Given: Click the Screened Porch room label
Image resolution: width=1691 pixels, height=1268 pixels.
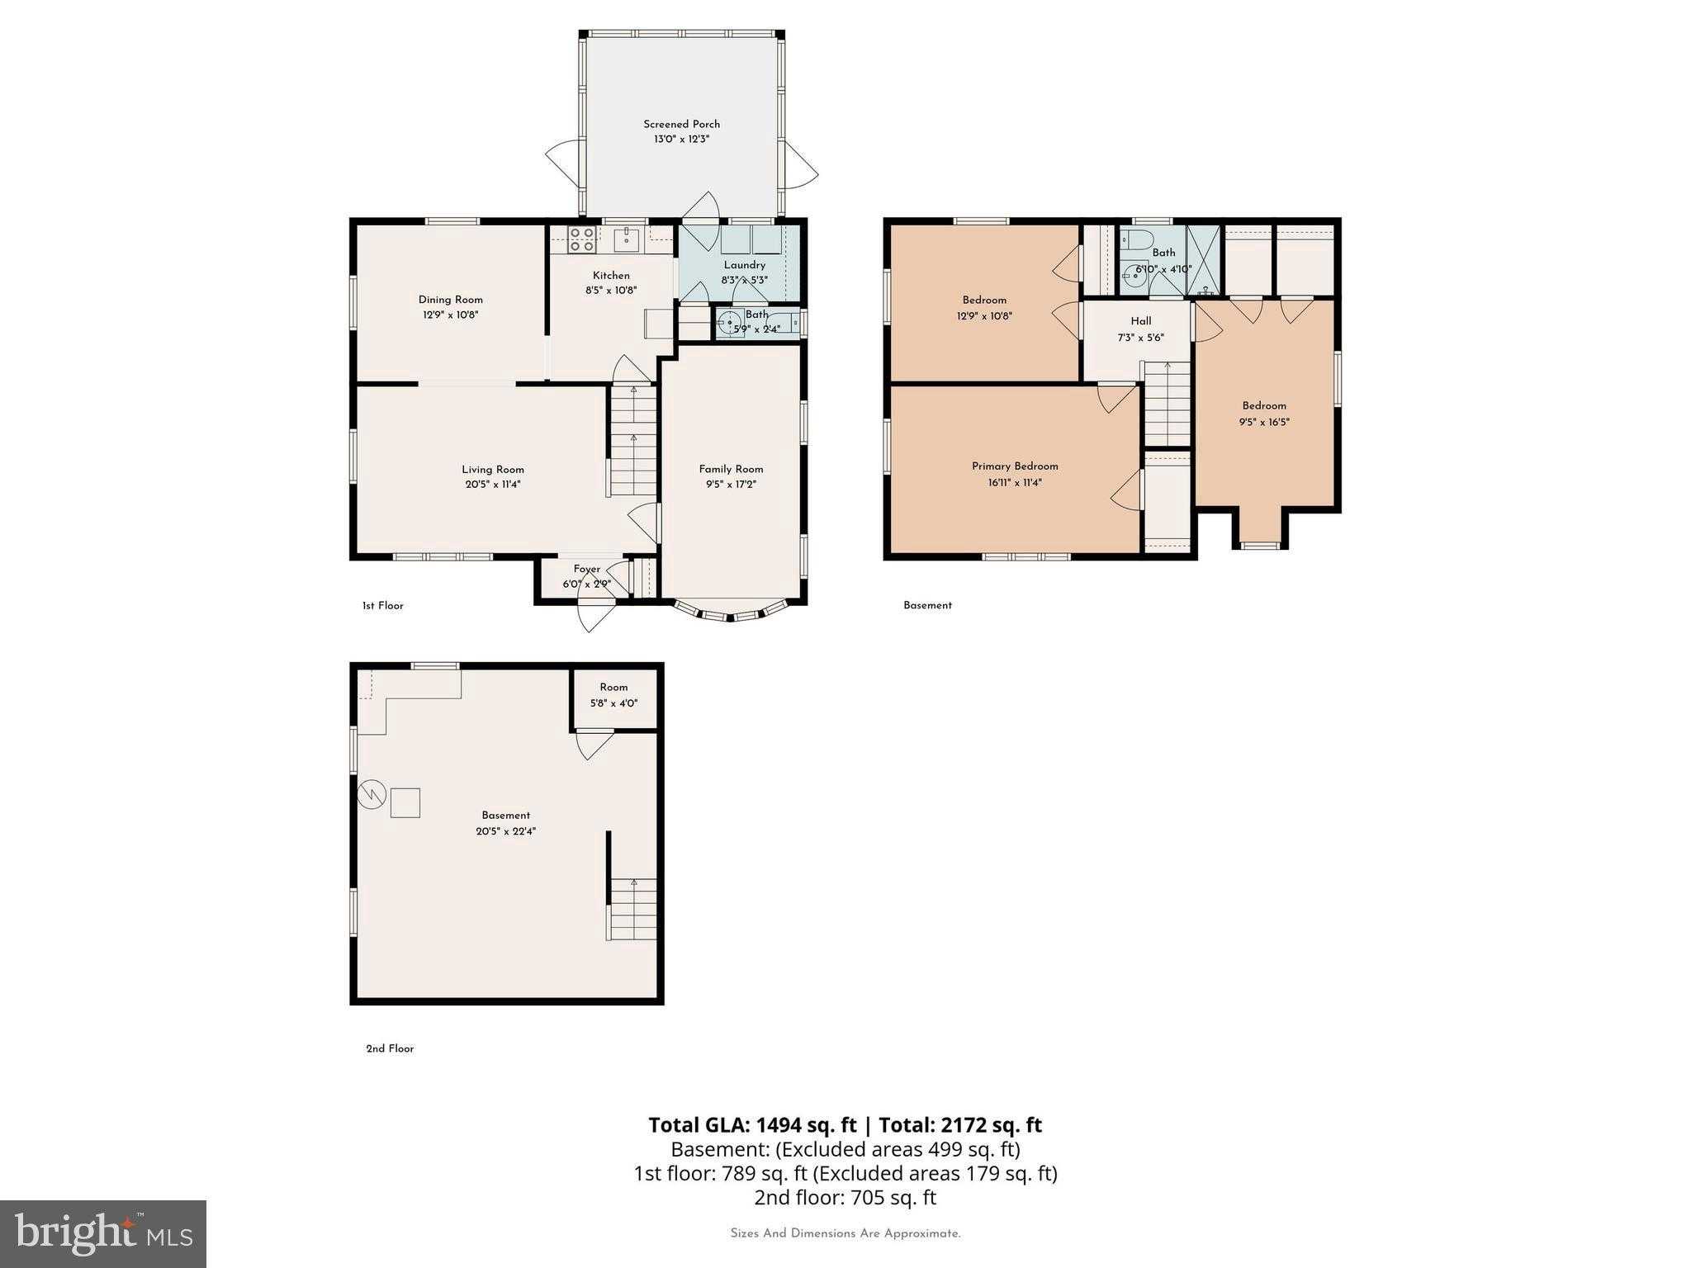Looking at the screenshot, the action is pyautogui.click(x=681, y=125).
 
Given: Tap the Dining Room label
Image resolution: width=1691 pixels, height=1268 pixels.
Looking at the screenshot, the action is pyautogui.click(x=450, y=300).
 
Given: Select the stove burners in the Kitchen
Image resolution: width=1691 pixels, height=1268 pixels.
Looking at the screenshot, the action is pyautogui.click(x=582, y=239).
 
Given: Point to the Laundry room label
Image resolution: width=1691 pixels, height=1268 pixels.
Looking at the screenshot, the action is pyautogui.click(x=744, y=265).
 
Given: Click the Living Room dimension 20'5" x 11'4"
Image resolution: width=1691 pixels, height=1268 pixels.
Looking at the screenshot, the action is pyautogui.click(x=493, y=485).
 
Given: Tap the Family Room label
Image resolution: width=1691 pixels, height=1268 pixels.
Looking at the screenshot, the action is pyautogui.click(x=731, y=469).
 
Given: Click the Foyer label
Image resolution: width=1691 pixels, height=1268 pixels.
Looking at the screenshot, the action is pyautogui.click(x=587, y=569).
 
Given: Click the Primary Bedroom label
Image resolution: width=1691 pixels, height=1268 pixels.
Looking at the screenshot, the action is pyautogui.click(x=1015, y=466).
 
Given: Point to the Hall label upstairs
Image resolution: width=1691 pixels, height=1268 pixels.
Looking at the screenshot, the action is pyautogui.click(x=1141, y=321).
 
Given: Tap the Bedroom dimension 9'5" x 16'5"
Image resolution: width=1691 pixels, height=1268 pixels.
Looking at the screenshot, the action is pyautogui.click(x=1264, y=422).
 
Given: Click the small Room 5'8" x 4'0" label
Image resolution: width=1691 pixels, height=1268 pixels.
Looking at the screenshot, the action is pyautogui.click(x=613, y=687).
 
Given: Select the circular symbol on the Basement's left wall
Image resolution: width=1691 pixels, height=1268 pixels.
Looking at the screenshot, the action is pyautogui.click(x=372, y=793).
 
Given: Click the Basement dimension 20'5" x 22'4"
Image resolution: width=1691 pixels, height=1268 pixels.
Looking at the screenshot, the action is pyautogui.click(x=506, y=831).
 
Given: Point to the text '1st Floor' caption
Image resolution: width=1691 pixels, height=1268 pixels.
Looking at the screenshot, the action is pyautogui.click(x=383, y=606).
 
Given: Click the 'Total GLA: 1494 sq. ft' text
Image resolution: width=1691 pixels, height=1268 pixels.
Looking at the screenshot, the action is pyautogui.click(x=753, y=1125).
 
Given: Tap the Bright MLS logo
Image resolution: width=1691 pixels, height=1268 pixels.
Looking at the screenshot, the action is pyautogui.click(x=103, y=1234).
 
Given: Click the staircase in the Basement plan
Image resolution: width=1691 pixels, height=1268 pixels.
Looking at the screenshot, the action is pyautogui.click(x=633, y=909).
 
